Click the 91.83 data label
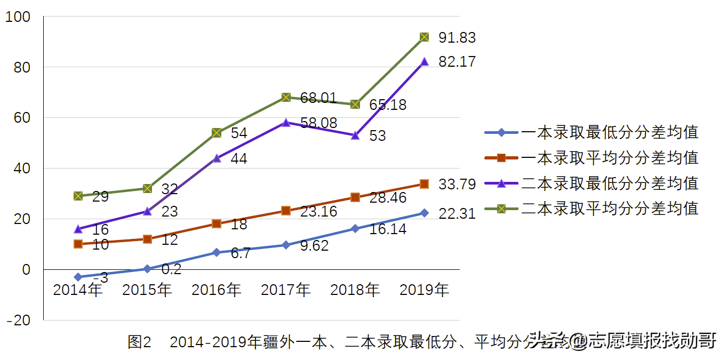457,38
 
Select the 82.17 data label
457,62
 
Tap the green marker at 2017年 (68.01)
286,97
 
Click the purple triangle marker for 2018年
355,135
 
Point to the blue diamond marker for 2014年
78,277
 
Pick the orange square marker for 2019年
425,184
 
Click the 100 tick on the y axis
18,18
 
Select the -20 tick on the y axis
18,320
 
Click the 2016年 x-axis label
216,290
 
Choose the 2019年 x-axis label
424,290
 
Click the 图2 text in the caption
140,342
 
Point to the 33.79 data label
457,185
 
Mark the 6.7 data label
241,253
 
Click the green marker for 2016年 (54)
217,133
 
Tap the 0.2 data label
171,269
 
